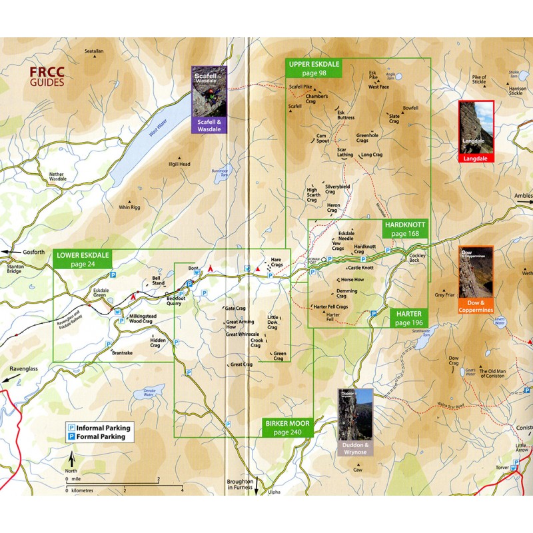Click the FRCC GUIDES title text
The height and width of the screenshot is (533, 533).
pyautogui.click(x=46, y=78)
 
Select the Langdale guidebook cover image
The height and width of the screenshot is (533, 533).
pyautogui.click(x=476, y=131)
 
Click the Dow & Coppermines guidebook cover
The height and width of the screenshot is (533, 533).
pyautogui.click(x=476, y=279)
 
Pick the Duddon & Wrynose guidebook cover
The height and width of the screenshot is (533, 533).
pyautogui.click(x=356, y=421)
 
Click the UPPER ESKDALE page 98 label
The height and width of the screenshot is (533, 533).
pyautogui.click(x=314, y=69)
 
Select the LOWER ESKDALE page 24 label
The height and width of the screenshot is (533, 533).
pyautogui.click(x=82, y=259)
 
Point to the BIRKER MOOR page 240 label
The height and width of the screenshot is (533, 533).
pyautogui.click(x=287, y=428)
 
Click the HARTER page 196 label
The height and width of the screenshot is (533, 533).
pyautogui.click(x=408, y=318)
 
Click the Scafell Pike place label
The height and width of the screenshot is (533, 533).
pyautogui.click(x=300, y=87)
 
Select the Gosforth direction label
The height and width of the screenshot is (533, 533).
pyautogui.click(x=19, y=253)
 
